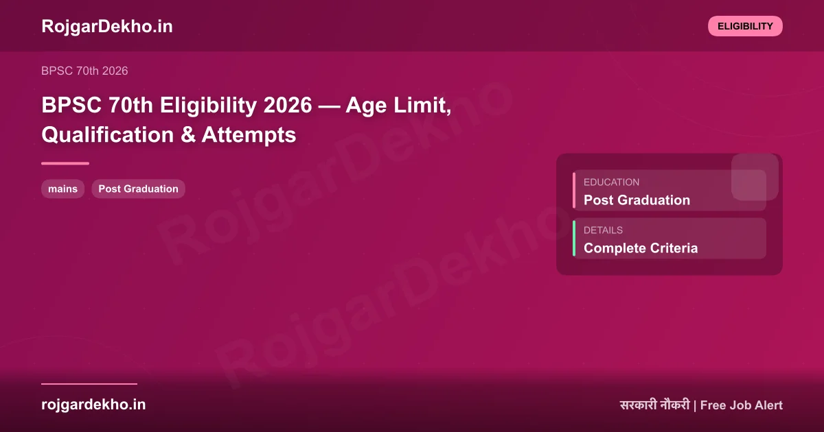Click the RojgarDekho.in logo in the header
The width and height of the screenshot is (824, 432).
pos(107,26)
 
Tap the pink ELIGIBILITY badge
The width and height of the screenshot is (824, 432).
pos(745,26)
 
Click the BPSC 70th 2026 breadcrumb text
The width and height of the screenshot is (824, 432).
pos(84,71)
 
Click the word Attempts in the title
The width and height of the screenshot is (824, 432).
pos(249,135)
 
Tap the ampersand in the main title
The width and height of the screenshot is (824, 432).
pos(187,135)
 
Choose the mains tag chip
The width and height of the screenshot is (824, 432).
pos(63,189)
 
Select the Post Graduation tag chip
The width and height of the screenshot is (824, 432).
pos(138,189)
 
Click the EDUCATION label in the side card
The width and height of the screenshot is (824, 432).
pos(611,182)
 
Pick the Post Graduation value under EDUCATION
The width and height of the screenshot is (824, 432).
pos(637,200)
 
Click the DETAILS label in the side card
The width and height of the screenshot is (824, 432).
pos(603,230)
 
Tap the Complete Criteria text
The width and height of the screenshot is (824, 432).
pos(640,248)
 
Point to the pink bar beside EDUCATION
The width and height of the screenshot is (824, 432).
pos(574,191)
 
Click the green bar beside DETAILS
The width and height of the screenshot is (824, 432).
pos(574,239)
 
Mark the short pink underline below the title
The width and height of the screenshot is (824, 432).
pos(65,163)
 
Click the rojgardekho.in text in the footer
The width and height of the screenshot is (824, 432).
pos(93,405)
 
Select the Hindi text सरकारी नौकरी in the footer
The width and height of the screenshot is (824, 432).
pos(654,405)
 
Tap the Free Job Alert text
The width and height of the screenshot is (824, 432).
pos(741,405)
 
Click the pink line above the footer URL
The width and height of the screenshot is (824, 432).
pos(89,384)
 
